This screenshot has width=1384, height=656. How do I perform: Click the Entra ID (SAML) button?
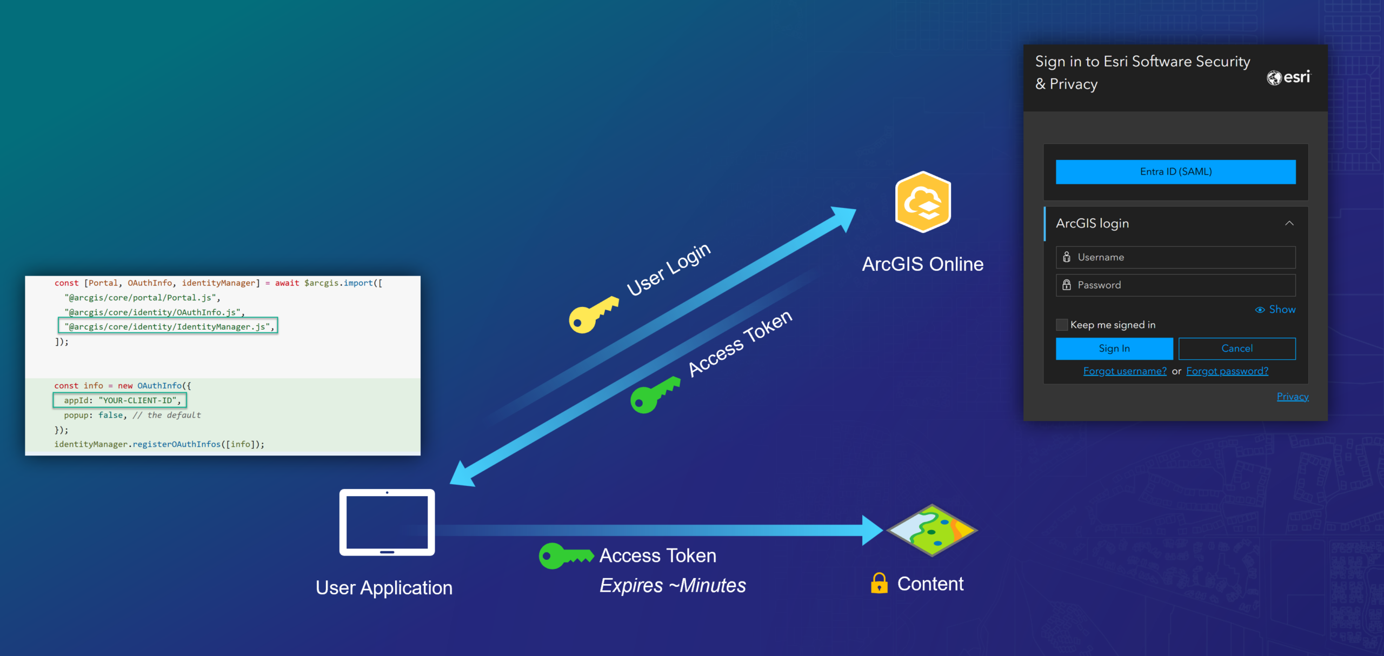pos(1175,172)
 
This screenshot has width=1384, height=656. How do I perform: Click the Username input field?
pos(1175,257)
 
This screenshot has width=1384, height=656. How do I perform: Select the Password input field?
pos(1175,285)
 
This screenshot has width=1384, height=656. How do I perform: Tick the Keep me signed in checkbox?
pos(1062,325)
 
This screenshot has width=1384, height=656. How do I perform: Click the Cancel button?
pos(1236,349)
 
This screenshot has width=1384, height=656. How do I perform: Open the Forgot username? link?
pos(1124,371)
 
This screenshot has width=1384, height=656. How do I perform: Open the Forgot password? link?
pos(1227,371)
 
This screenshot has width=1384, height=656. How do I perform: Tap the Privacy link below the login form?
pos(1292,397)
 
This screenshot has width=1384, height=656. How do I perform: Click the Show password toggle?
pos(1275,310)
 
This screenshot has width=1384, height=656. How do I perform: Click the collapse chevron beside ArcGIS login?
pos(1289,223)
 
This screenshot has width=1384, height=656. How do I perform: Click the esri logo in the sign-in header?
pos(1289,77)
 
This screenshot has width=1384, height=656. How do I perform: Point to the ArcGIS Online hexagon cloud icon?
pos(923,202)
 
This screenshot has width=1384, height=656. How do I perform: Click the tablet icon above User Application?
pos(387,523)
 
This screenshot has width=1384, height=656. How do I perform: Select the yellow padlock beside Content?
pos(879,584)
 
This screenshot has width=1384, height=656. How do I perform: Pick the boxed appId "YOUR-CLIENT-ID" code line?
pos(119,400)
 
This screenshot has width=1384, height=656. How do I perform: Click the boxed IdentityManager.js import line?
pos(168,326)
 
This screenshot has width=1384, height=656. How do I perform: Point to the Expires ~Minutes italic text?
pos(672,586)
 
